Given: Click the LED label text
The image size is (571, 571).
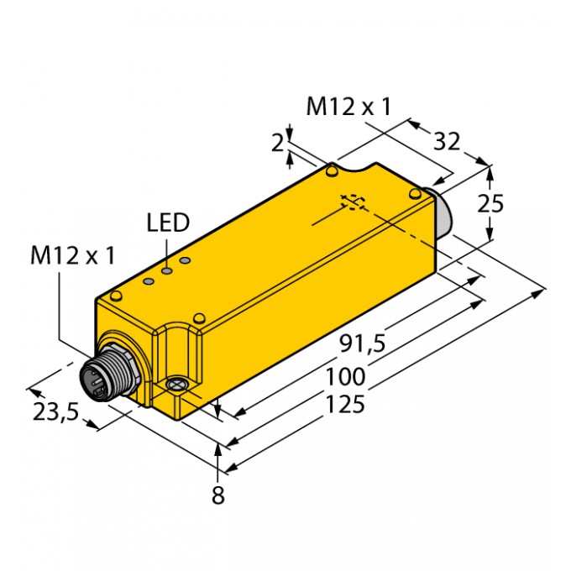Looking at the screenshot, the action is point(168,223).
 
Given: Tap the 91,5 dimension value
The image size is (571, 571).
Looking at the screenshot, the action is point(363,343).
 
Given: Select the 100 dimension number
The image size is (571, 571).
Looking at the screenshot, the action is point(345,376).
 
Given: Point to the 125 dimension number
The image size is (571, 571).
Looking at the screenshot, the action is point(344,404).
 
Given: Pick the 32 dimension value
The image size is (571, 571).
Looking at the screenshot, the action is point(447,141).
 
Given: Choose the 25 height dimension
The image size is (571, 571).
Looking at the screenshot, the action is point(490,203).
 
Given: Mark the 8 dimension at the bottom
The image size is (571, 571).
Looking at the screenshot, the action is point(218,495).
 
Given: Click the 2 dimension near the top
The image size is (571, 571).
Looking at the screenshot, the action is point(277,143).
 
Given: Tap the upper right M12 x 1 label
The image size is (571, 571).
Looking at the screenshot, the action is point(348,107).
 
